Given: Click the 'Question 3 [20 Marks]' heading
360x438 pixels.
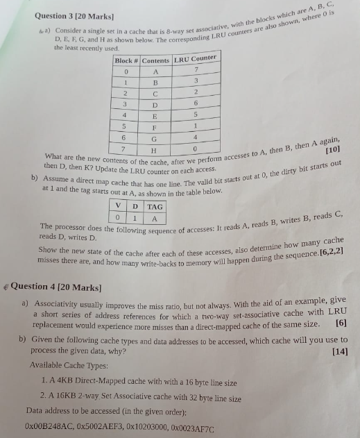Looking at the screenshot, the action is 67,15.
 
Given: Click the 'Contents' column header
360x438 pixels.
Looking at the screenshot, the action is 155,60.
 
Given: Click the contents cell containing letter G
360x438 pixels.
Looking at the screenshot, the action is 155,139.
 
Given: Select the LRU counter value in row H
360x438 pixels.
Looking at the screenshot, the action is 196,149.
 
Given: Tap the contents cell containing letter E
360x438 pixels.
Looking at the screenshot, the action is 155,116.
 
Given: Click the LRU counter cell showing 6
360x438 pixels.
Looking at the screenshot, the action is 196,103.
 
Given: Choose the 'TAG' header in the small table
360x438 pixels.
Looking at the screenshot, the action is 155,206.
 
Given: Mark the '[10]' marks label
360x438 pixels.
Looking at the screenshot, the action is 332,149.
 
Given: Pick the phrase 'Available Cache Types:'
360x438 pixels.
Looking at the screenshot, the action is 65,366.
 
